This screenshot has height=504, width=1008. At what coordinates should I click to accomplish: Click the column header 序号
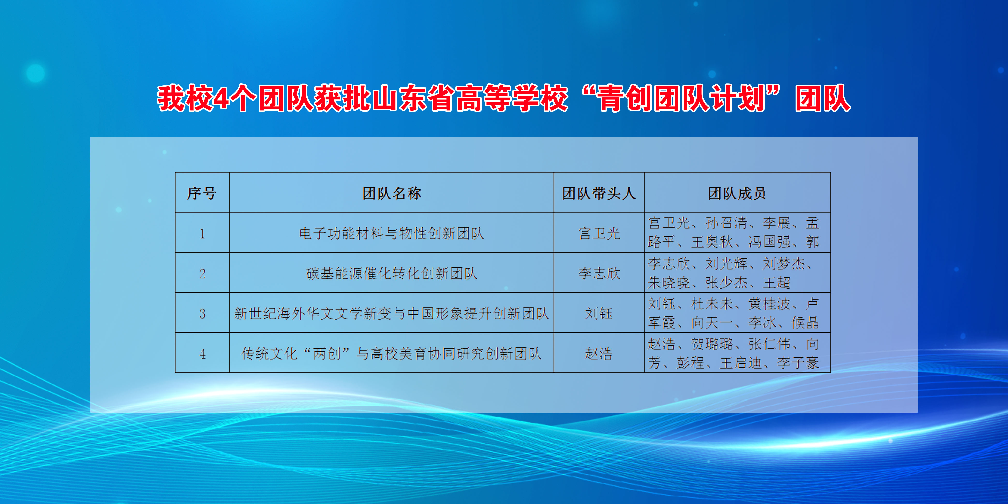coord(202,193)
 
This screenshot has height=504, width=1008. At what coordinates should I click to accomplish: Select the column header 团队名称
coord(392,193)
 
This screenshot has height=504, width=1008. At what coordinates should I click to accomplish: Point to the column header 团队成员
coord(737,193)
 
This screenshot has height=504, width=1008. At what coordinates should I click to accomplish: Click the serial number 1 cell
coord(202,233)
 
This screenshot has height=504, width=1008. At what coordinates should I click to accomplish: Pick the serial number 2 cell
coord(202,273)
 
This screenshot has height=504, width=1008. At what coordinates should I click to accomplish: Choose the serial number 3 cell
coord(202,313)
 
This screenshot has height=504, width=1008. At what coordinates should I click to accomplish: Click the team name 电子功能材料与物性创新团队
coord(392,233)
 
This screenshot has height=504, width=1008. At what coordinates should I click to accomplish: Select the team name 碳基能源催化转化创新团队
coord(392,273)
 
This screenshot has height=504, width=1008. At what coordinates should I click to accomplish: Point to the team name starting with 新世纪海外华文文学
coord(392,313)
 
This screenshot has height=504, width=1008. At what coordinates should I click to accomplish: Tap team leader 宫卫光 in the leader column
coord(599,233)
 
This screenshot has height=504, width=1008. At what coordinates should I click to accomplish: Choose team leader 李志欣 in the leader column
coord(599,273)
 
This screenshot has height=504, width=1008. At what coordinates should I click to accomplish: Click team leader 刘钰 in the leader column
coord(599,313)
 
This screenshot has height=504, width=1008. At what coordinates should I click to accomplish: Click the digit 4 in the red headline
coord(222,98)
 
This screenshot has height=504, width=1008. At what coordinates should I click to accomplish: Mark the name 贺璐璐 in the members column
coord(712,344)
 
